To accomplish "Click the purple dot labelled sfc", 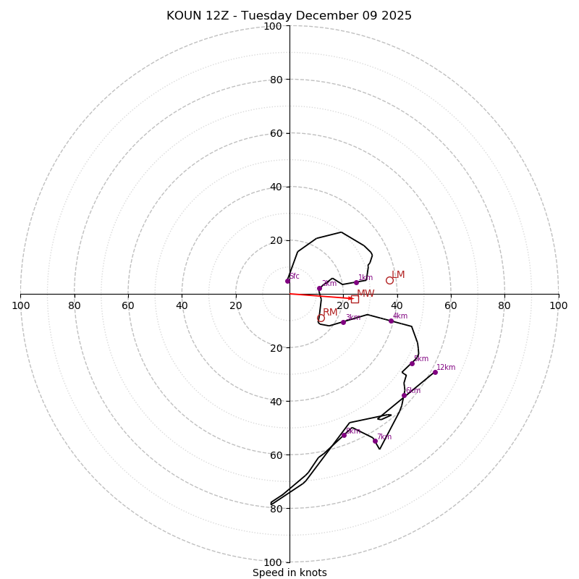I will coord(287,281).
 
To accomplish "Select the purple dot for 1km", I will coord(356,282).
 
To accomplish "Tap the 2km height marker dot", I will coord(319,288).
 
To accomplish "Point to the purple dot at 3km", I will coord(343,322).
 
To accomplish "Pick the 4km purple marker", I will coord(391,321).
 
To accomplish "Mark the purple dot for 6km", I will coord(404,395).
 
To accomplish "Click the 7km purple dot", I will coord(375,441).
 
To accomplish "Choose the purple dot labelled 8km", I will coord(344,435).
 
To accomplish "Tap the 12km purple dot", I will coord(435,372).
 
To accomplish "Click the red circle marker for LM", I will coord(389,280).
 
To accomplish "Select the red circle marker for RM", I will coord(321,318).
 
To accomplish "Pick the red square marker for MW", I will coord(355,299).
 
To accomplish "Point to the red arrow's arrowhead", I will coord(351,298).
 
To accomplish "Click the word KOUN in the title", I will coord(184,16).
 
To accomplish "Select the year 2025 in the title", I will coord(395,16).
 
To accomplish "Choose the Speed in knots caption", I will coord(289,572).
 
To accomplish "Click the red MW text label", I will coord(365,294).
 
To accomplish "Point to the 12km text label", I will coord(446,368).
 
